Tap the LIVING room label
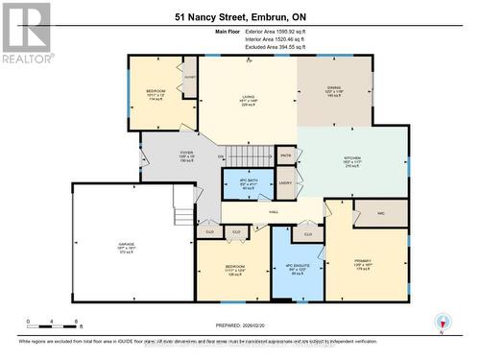click(x=248, y=97)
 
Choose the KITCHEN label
click(x=352, y=159)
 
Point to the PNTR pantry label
click(x=285, y=155)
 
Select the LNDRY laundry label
click(x=285, y=181)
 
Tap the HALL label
click(x=274, y=211)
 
